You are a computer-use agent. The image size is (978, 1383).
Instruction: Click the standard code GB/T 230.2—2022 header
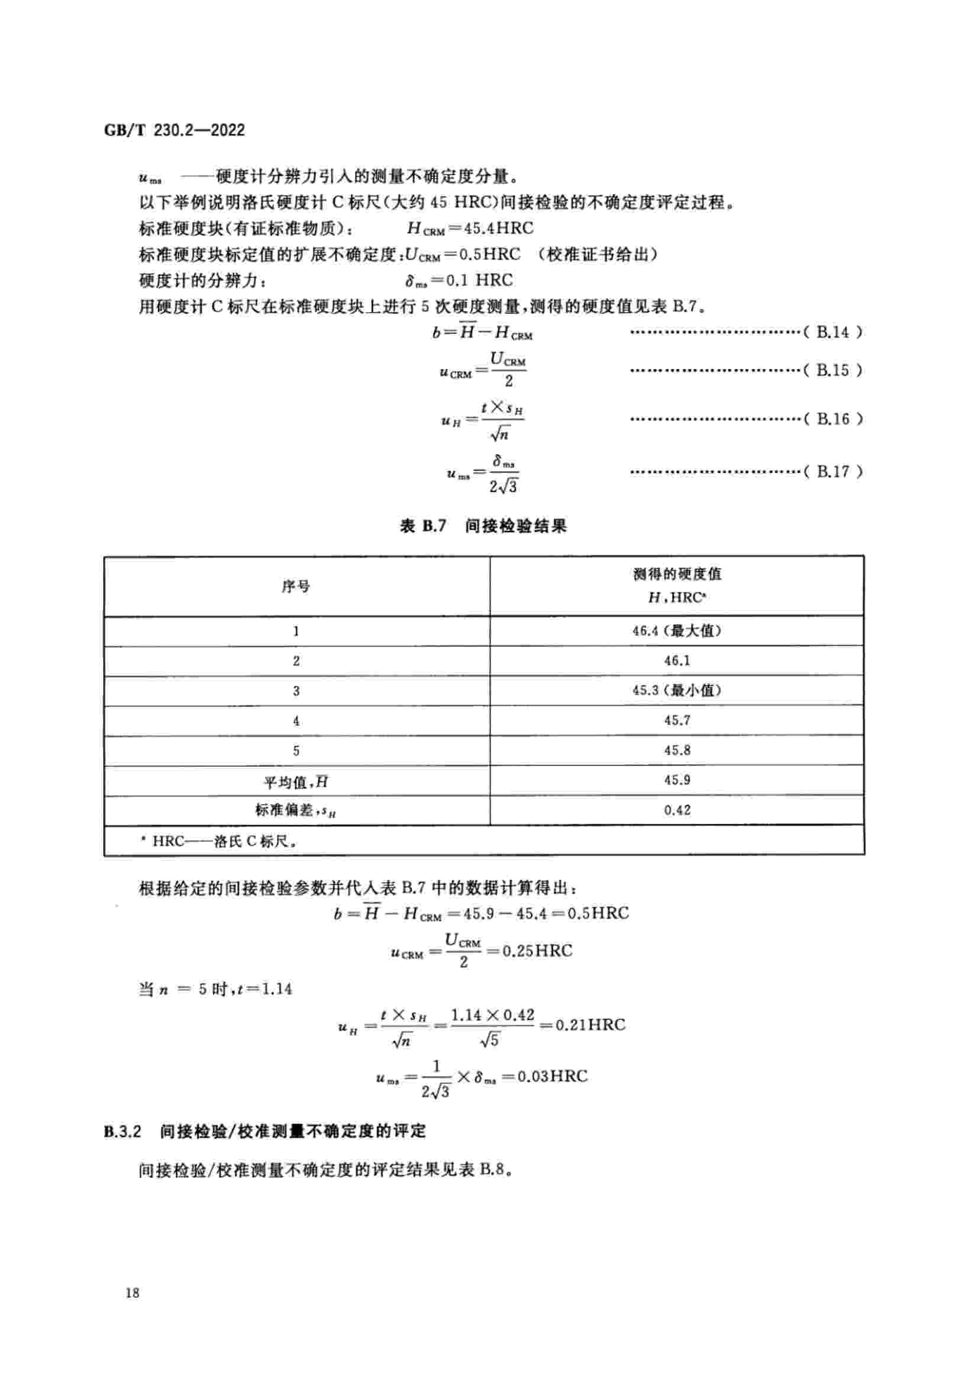(x=175, y=130)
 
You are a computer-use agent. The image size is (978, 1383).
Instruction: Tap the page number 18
(x=133, y=1292)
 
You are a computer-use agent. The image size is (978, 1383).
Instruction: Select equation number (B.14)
(x=833, y=332)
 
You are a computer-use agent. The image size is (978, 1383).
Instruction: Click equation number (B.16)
(x=833, y=419)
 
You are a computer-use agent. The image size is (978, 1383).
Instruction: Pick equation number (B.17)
(x=833, y=471)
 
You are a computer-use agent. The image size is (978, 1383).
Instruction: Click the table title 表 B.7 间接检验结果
(x=483, y=526)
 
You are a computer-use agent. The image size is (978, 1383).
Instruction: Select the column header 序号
(x=296, y=586)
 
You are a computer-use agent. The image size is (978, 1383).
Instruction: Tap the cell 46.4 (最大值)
(x=677, y=631)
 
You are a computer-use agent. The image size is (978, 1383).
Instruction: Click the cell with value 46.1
(x=677, y=661)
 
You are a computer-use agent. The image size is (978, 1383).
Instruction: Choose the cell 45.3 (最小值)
(x=677, y=690)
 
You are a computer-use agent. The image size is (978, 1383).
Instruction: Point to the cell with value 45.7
(x=677, y=720)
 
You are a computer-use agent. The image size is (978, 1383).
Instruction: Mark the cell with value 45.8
(x=677, y=750)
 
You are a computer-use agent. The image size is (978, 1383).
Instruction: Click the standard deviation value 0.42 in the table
(x=677, y=810)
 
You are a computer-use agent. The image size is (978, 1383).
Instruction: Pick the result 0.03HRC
(x=553, y=1076)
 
